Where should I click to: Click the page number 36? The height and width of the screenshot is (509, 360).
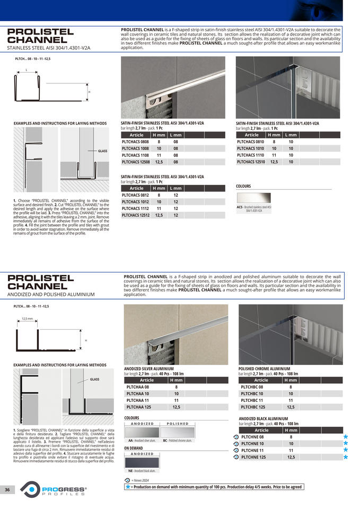[7, 489]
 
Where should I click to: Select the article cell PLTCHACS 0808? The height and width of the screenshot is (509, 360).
[135, 142]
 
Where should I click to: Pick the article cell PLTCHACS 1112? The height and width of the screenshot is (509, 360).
[135, 208]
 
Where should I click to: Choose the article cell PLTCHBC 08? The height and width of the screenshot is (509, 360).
[252, 387]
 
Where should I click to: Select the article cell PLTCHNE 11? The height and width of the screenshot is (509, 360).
[252, 450]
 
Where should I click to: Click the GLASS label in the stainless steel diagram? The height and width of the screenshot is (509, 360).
[102, 151]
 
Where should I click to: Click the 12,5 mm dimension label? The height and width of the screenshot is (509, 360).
[27, 319]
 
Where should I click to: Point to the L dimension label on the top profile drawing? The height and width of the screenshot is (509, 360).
[26, 70]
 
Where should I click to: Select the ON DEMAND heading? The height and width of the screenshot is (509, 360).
[133, 448]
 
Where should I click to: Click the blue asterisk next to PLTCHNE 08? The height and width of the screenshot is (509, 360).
[346, 437]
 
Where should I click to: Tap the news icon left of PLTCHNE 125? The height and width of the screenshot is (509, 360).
[236, 457]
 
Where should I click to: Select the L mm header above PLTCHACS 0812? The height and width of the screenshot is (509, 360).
[175, 188]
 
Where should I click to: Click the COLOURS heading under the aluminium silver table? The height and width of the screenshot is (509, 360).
[131, 418]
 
